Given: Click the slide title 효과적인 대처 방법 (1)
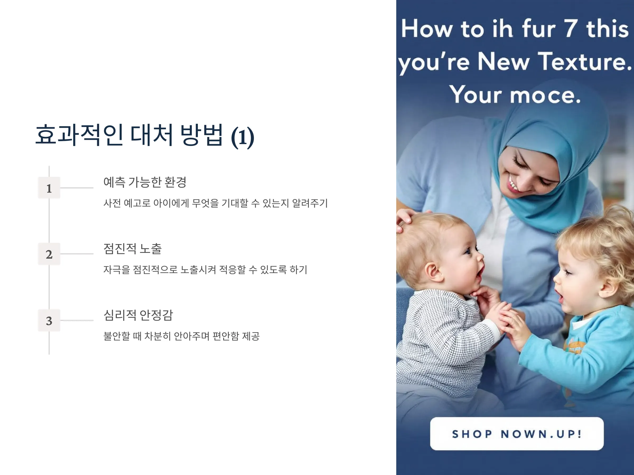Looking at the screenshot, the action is pos(145,135).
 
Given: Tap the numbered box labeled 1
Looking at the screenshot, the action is pos(49,188).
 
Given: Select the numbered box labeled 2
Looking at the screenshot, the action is pos(49,254).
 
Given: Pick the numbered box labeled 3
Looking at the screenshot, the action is pos(49,320).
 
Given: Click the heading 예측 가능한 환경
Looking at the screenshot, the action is pos(145,182).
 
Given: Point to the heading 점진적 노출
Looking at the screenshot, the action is pos(132,249).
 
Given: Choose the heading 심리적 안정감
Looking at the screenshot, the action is pos(138,315).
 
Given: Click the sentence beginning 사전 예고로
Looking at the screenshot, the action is pos(216,203).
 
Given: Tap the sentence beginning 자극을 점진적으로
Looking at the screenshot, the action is pos(205,269).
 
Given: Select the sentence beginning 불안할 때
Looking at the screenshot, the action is pos(181,336).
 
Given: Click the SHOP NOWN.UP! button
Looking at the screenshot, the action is pos(517,434).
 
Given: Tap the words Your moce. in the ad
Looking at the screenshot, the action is pos(515,94).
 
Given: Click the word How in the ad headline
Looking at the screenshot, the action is pos(427,28).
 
